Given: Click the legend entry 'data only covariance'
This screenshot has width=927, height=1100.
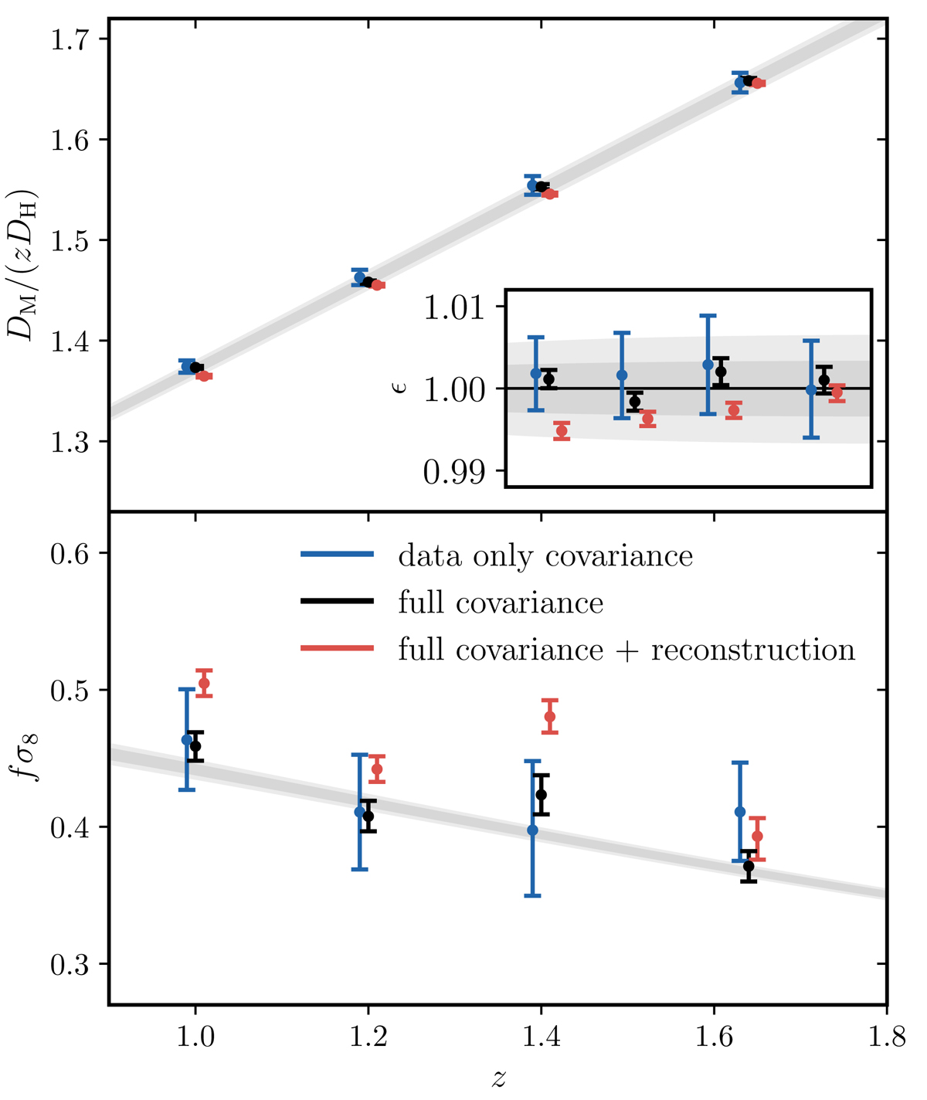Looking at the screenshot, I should click(545, 556).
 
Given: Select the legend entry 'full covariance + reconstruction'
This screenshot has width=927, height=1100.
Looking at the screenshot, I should click(626, 650).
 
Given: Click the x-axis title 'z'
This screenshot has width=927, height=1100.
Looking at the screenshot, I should click(498, 1078).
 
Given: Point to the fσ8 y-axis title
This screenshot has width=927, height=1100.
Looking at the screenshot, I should click(29, 758).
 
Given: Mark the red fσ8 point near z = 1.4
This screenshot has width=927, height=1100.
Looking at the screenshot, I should click(550, 717).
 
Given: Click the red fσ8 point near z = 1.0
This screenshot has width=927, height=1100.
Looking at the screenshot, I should click(204, 684).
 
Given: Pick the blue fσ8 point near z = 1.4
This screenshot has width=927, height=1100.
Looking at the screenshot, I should click(532, 830).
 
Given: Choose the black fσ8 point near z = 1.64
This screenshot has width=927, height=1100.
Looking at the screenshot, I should click(749, 866).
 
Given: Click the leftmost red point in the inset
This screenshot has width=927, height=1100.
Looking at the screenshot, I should click(562, 431).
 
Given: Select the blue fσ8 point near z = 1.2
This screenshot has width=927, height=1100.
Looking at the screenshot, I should click(359, 812).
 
